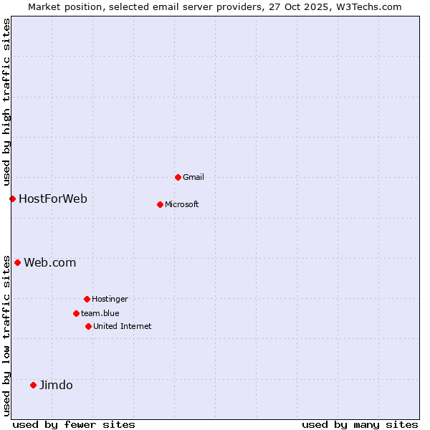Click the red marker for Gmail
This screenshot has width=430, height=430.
[178, 177]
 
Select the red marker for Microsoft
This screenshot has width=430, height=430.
[160, 204]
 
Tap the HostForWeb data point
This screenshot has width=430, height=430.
[12, 199]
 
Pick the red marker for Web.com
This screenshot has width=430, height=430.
[17, 262]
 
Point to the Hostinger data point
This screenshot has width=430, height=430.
[87, 299]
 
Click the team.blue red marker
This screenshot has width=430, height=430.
[76, 313]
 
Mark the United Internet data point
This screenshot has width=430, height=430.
[88, 326]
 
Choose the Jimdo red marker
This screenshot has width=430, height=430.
[33, 385]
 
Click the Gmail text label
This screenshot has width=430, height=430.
[193, 177]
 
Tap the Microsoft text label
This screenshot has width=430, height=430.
[182, 204]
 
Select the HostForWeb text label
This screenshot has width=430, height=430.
[53, 199]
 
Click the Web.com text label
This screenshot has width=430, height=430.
[50, 262]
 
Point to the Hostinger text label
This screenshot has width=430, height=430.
[110, 299]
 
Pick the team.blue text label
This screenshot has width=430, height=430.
[100, 313]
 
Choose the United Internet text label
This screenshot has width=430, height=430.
[123, 326]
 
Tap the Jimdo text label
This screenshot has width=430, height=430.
[56, 385]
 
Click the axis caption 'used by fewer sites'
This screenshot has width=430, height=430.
[74, 424]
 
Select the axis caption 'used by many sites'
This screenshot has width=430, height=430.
[360, 424]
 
